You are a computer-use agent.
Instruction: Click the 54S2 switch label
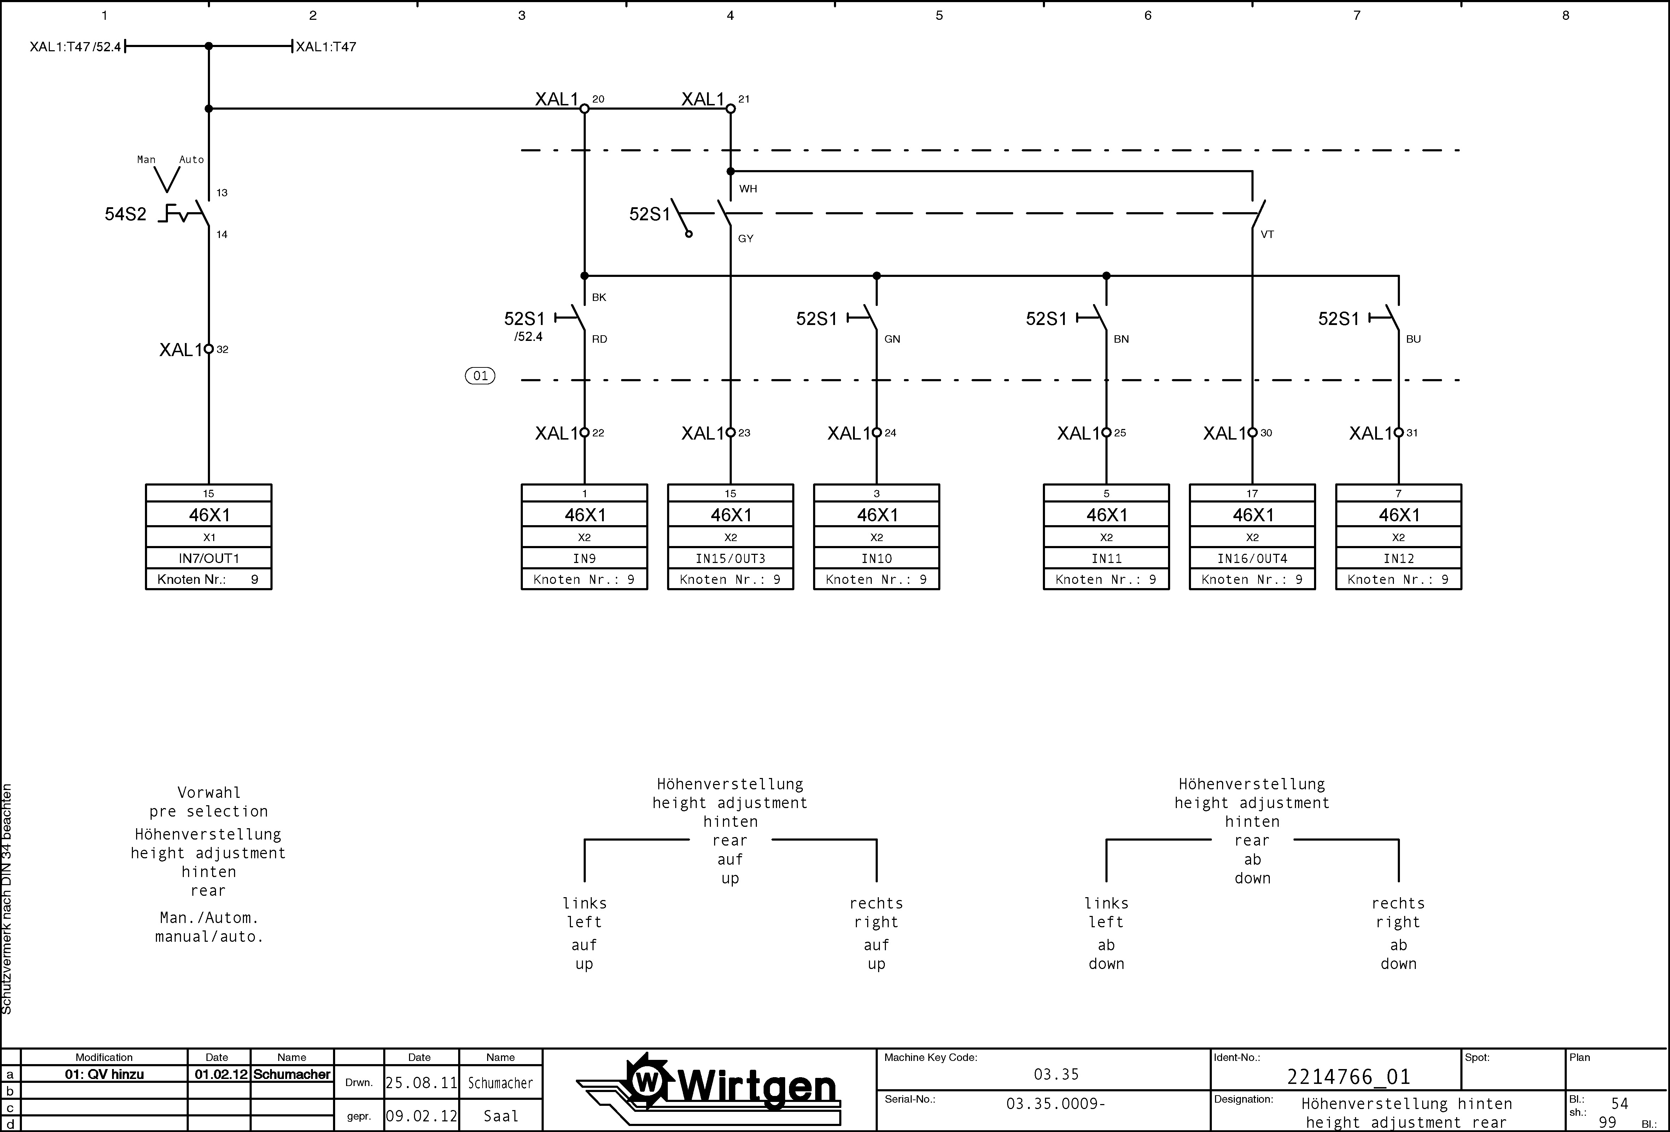pyautogui.click(x=126, y=214)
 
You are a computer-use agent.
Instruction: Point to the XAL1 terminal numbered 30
pyautogui.click(x=1252, y=433)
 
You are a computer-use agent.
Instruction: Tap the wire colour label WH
pyautogui.click(x=748, y=189)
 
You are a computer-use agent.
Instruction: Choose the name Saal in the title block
pyautogui.click(x=501, y=1116)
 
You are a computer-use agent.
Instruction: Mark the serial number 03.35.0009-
pyautogui.click(x=1056, y=1103)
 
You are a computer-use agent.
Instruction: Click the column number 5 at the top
pyautogui.click(x=939, y=15)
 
